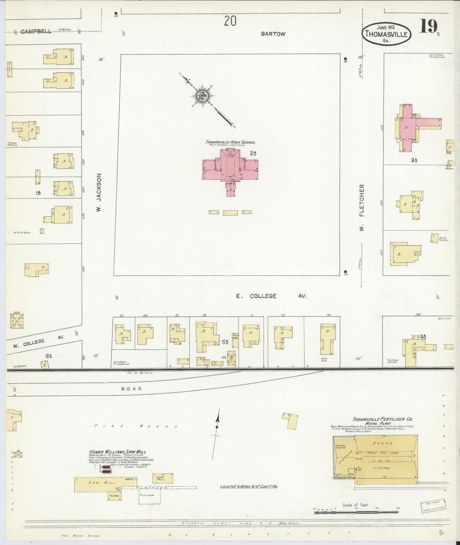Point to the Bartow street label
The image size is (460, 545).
point(273,34)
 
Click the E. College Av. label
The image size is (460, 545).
point(271,296)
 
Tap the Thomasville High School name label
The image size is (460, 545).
point(230,142)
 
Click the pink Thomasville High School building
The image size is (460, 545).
point(230,168)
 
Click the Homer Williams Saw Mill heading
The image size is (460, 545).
point(117,452)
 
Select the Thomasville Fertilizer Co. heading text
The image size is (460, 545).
point(382,419)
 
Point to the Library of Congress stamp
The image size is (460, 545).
point(433,506)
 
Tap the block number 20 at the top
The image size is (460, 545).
point(230,21)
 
